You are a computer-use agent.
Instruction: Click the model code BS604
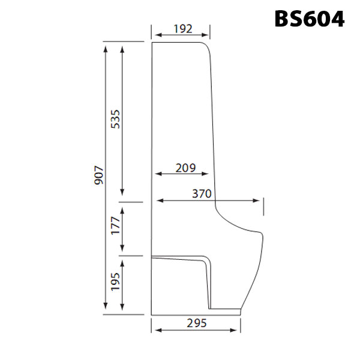pos(310,18)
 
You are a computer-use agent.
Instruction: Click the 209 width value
pos(185,168)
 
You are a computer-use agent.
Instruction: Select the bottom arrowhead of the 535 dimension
pos(123,193)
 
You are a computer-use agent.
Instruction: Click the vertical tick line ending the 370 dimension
pos(263,206)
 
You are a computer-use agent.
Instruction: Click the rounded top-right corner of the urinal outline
pos(207,47)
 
